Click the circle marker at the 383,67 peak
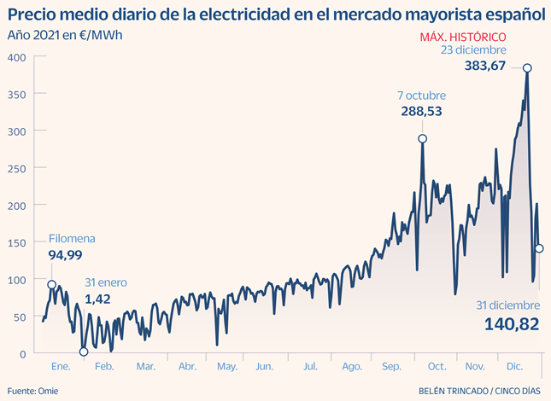tap(528, 68)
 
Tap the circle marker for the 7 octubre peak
tap(422, 139)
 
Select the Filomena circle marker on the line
tap(52, 285)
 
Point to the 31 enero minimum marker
tap(84, 352)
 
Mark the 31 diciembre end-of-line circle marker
tap(539, 248)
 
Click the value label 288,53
tap(423, 112)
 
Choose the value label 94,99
tap(65, 254)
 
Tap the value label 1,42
tap(99, 299)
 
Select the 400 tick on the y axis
tap(17, 57)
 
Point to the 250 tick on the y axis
tap(17, 168)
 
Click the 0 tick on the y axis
tap(23, 353)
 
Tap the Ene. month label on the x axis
tap(61, 367)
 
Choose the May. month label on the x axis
tap(226, 367)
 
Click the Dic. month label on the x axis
tap(514, 367)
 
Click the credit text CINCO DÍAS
tap(519, 392)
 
